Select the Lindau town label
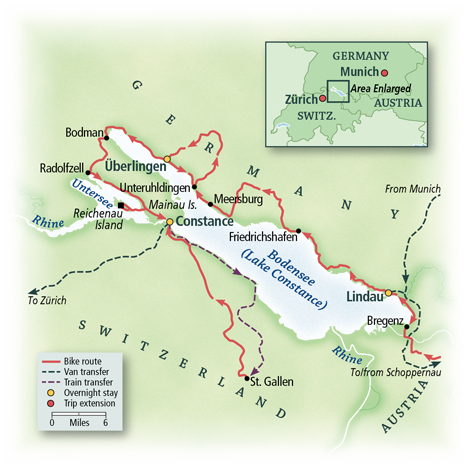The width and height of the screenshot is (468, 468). pyautogui.click(x=363, y=298)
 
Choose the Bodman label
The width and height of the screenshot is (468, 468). pyautogui.click(x=82, y=133)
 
